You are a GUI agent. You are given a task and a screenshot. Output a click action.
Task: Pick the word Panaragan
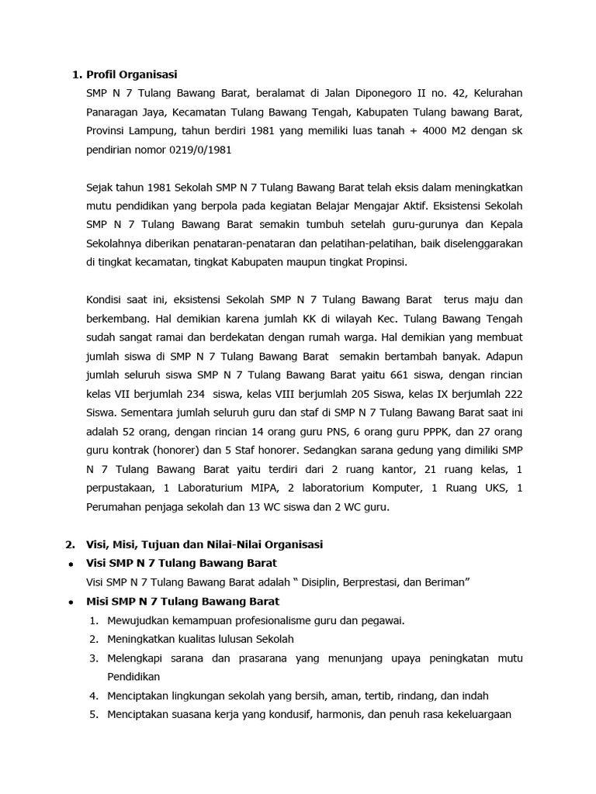[x=113, y=112]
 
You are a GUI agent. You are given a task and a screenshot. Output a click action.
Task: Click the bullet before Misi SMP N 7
[x=71, y=602]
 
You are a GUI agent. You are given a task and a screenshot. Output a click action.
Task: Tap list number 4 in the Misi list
[x=93, y=696]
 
